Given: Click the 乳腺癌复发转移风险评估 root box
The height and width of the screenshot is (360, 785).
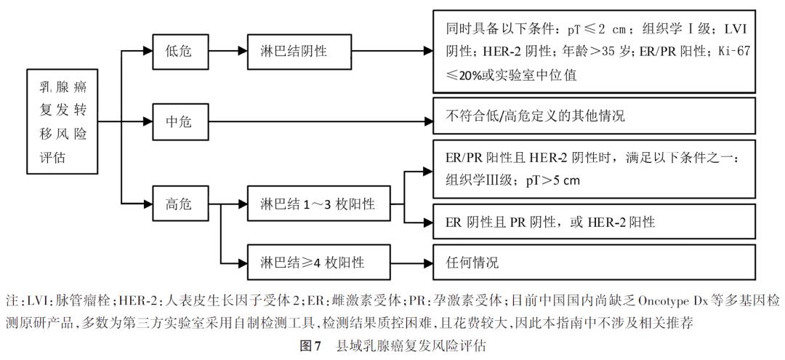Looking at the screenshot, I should click(62, 121).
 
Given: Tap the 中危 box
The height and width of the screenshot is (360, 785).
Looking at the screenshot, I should click(179, 121).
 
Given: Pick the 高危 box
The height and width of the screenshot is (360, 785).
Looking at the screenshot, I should click(179, 205).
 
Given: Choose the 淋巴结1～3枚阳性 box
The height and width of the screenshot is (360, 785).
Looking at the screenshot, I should click(317, 205).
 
